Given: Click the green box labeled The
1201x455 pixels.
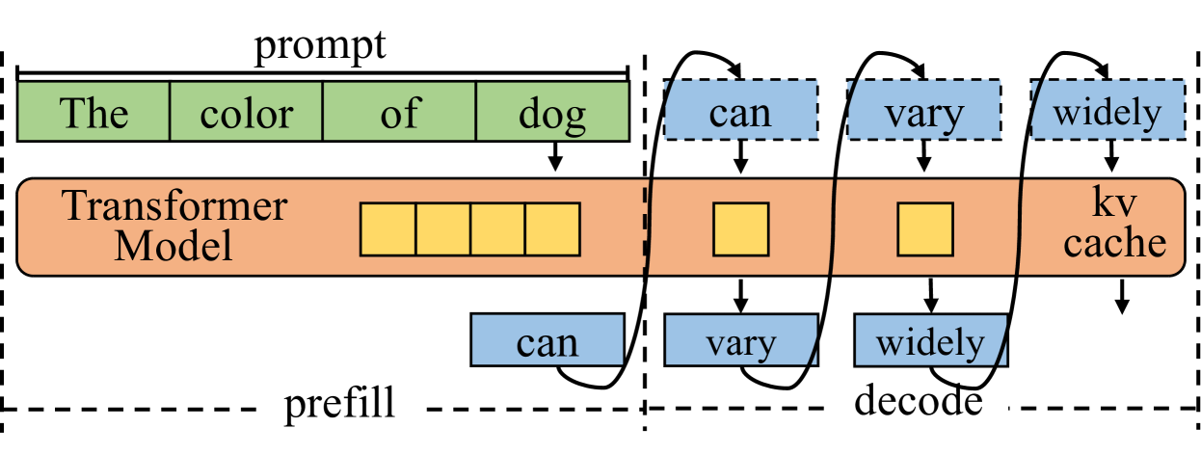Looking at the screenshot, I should (93, 112).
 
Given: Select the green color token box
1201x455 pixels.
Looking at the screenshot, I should (246, 112).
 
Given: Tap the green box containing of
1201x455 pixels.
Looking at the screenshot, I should (399, 112).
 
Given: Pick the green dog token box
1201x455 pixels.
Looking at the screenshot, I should (552, 112).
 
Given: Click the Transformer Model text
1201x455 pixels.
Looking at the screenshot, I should (173, 226).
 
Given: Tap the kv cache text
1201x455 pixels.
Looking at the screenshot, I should (1114, 225).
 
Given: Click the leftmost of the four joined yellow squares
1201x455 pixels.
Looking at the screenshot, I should (387, 229).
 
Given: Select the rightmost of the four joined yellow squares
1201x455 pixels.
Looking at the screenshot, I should (552, 229).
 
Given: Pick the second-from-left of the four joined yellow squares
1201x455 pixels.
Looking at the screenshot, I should (442, 229).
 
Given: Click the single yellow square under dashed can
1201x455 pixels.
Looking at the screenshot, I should (740, 229).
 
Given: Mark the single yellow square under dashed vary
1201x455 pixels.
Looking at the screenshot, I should (924, 229).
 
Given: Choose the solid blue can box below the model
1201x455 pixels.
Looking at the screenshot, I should (547, 341).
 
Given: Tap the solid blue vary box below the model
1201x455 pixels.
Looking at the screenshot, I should (740, 341).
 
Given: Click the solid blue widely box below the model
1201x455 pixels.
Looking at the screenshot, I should (930, 341).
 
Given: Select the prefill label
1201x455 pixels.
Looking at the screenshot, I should (339, 405).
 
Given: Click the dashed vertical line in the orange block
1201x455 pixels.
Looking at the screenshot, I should (645, 227).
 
